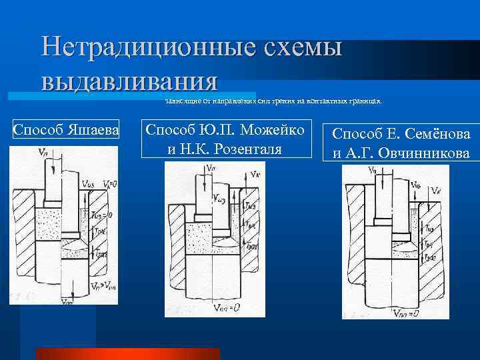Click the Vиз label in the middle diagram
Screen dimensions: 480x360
point(221,197)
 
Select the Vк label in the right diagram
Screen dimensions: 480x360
point(436,191)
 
